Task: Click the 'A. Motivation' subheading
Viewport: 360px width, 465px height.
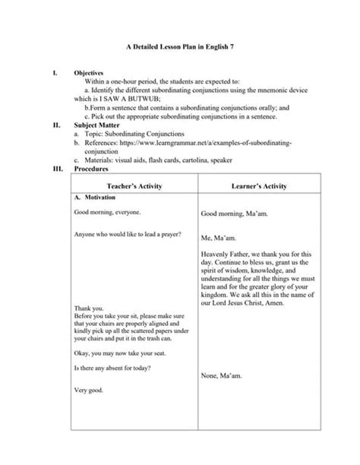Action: coord(95,197)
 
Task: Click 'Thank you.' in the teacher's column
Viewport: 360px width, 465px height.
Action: coord(88,308)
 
